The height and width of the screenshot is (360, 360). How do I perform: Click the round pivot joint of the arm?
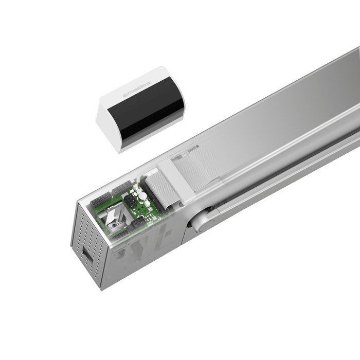tap(202, 222)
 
